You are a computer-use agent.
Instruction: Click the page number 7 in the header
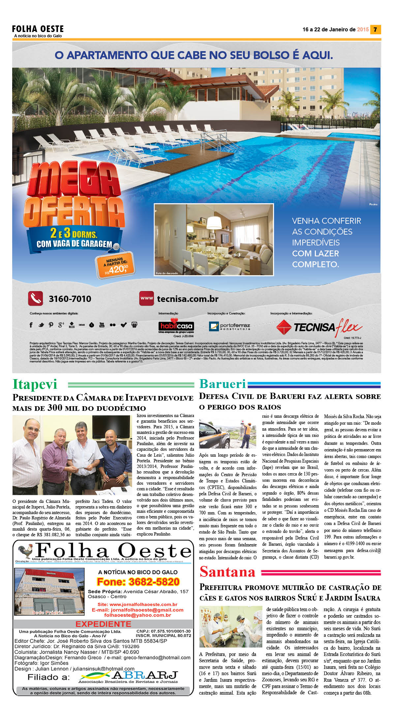[375, 29]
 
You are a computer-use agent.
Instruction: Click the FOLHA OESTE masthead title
[38, 29]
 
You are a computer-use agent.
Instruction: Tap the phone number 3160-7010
[70, 299]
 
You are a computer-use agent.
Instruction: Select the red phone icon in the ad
[35, 298]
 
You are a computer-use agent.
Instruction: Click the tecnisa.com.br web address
[187, 299]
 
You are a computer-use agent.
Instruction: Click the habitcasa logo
[176, 326]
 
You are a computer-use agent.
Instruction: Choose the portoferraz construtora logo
[229, 326]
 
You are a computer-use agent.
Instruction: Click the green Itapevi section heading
[35, 384]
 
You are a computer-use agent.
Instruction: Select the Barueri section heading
[223, 384]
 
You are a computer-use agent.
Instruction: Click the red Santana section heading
[227, 572]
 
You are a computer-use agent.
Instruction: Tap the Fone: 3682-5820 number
[138, 582]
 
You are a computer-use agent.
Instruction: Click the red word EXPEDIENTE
[103, 624]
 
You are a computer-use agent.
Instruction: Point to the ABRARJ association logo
[129, 677]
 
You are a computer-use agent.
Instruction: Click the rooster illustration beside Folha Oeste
[25, 551]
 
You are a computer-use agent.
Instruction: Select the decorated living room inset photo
[214, 240]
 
